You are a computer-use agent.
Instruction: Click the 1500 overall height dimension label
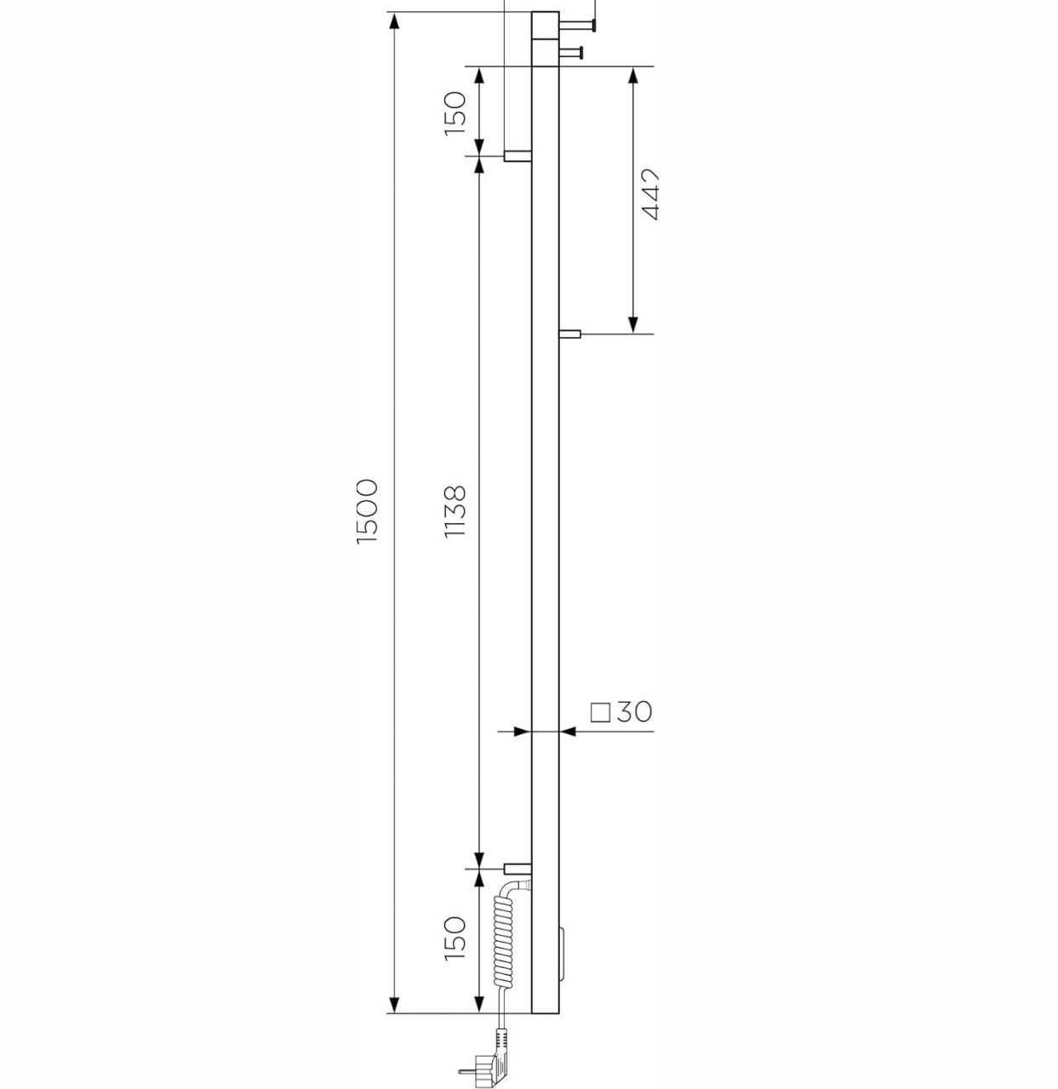click(368, 510)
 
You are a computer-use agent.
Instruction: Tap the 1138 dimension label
click(455, 511)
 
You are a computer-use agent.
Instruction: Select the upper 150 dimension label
click(455, 113)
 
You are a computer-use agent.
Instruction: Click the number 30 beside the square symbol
click(634, 712)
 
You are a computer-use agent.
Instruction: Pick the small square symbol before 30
click(600, 713)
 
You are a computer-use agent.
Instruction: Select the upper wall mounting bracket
click(518, 156)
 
